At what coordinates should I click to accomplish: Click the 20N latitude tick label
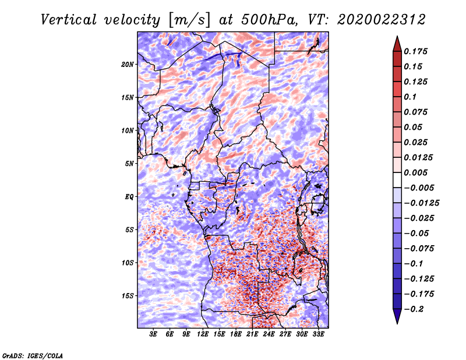pyautogui.click(x=128, y=65)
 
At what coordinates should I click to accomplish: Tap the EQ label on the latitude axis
pyautogui.click(x=129, y=197)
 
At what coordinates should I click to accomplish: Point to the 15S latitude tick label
pyautogui.click(x=128, y=296)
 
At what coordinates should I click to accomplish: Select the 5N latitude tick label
pyautogui.click(x=129, y=164)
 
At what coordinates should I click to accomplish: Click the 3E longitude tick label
pyautogui.click(x=153, y=334)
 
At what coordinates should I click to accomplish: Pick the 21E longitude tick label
pyautogui.click(x=252, y=334)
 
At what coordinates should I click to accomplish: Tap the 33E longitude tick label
pyautogui.click(x=318, y=334)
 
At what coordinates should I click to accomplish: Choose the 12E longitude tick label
pyautogui.click(x=203, y=334)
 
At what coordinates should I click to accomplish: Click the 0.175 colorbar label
pyautogui.click(x=415, y=51)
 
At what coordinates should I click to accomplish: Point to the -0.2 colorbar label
pyautogui.click(x=414, y=309)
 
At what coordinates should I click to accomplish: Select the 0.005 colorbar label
pyautogui.click(x=415, y=172)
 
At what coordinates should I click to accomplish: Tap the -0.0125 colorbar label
pyautogui.click(x=421, y=203)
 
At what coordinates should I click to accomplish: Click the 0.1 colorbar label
pyautogui.click(x=410, y=97)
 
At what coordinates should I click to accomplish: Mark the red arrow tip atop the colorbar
pyautogui.click(x=397, y=36)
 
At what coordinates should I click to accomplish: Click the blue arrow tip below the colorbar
pyautogui.click(x=397, y=323)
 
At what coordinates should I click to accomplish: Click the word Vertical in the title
pyautogui.click(x=68, y=20)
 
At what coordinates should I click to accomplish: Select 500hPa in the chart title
pyautogui.click(x=268, y=20)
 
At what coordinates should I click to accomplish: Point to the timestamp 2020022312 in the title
pyautogui.click(x=382, y=20)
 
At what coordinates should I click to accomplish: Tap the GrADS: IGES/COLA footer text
pyautogui.click(x=33, y=355)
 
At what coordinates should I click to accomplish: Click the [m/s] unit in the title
pyautogui.click(x=189, y=20)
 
